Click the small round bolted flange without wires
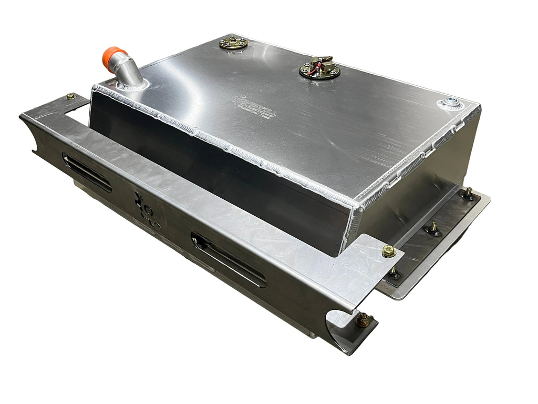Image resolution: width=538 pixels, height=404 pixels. coord(233,42)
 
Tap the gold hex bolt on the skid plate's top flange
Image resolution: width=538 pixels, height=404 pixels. coord(389,250)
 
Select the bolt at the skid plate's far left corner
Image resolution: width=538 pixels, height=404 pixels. coord(70,97)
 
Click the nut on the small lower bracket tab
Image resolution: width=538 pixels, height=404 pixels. coord(363,319)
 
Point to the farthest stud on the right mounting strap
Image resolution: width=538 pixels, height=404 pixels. coord(467,193)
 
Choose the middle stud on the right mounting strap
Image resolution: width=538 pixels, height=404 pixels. coord(433,228)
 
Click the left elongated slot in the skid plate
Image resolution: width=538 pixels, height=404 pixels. coord(87,172)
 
